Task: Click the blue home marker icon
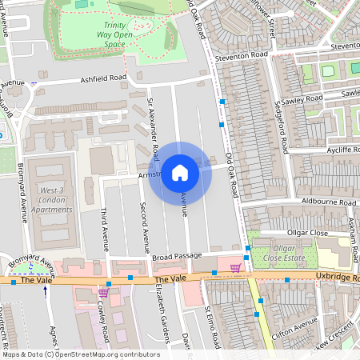click(x=180, y=173)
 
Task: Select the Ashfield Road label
click(x=103, y=78)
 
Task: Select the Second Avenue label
click(x=144, y=228)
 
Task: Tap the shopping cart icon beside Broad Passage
click(x=235, y=267)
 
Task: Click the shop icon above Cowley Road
click(x=103, y=293)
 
